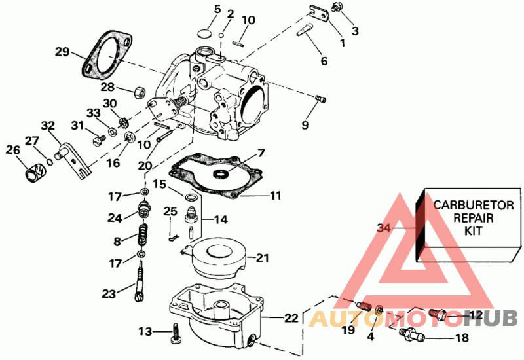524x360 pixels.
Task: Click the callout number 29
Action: pos(62,51)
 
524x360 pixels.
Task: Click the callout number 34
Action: pos(384,228)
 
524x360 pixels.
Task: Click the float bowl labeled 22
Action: pos(216,314)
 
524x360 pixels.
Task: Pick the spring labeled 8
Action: pos(141,232)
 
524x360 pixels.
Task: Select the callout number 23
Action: pos(108,293)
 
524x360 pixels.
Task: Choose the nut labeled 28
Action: pos(138,91)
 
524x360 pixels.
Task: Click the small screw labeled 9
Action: pos(320,98)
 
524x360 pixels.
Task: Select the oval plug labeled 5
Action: pos(205,32)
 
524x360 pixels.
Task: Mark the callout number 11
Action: pos(275,195)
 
